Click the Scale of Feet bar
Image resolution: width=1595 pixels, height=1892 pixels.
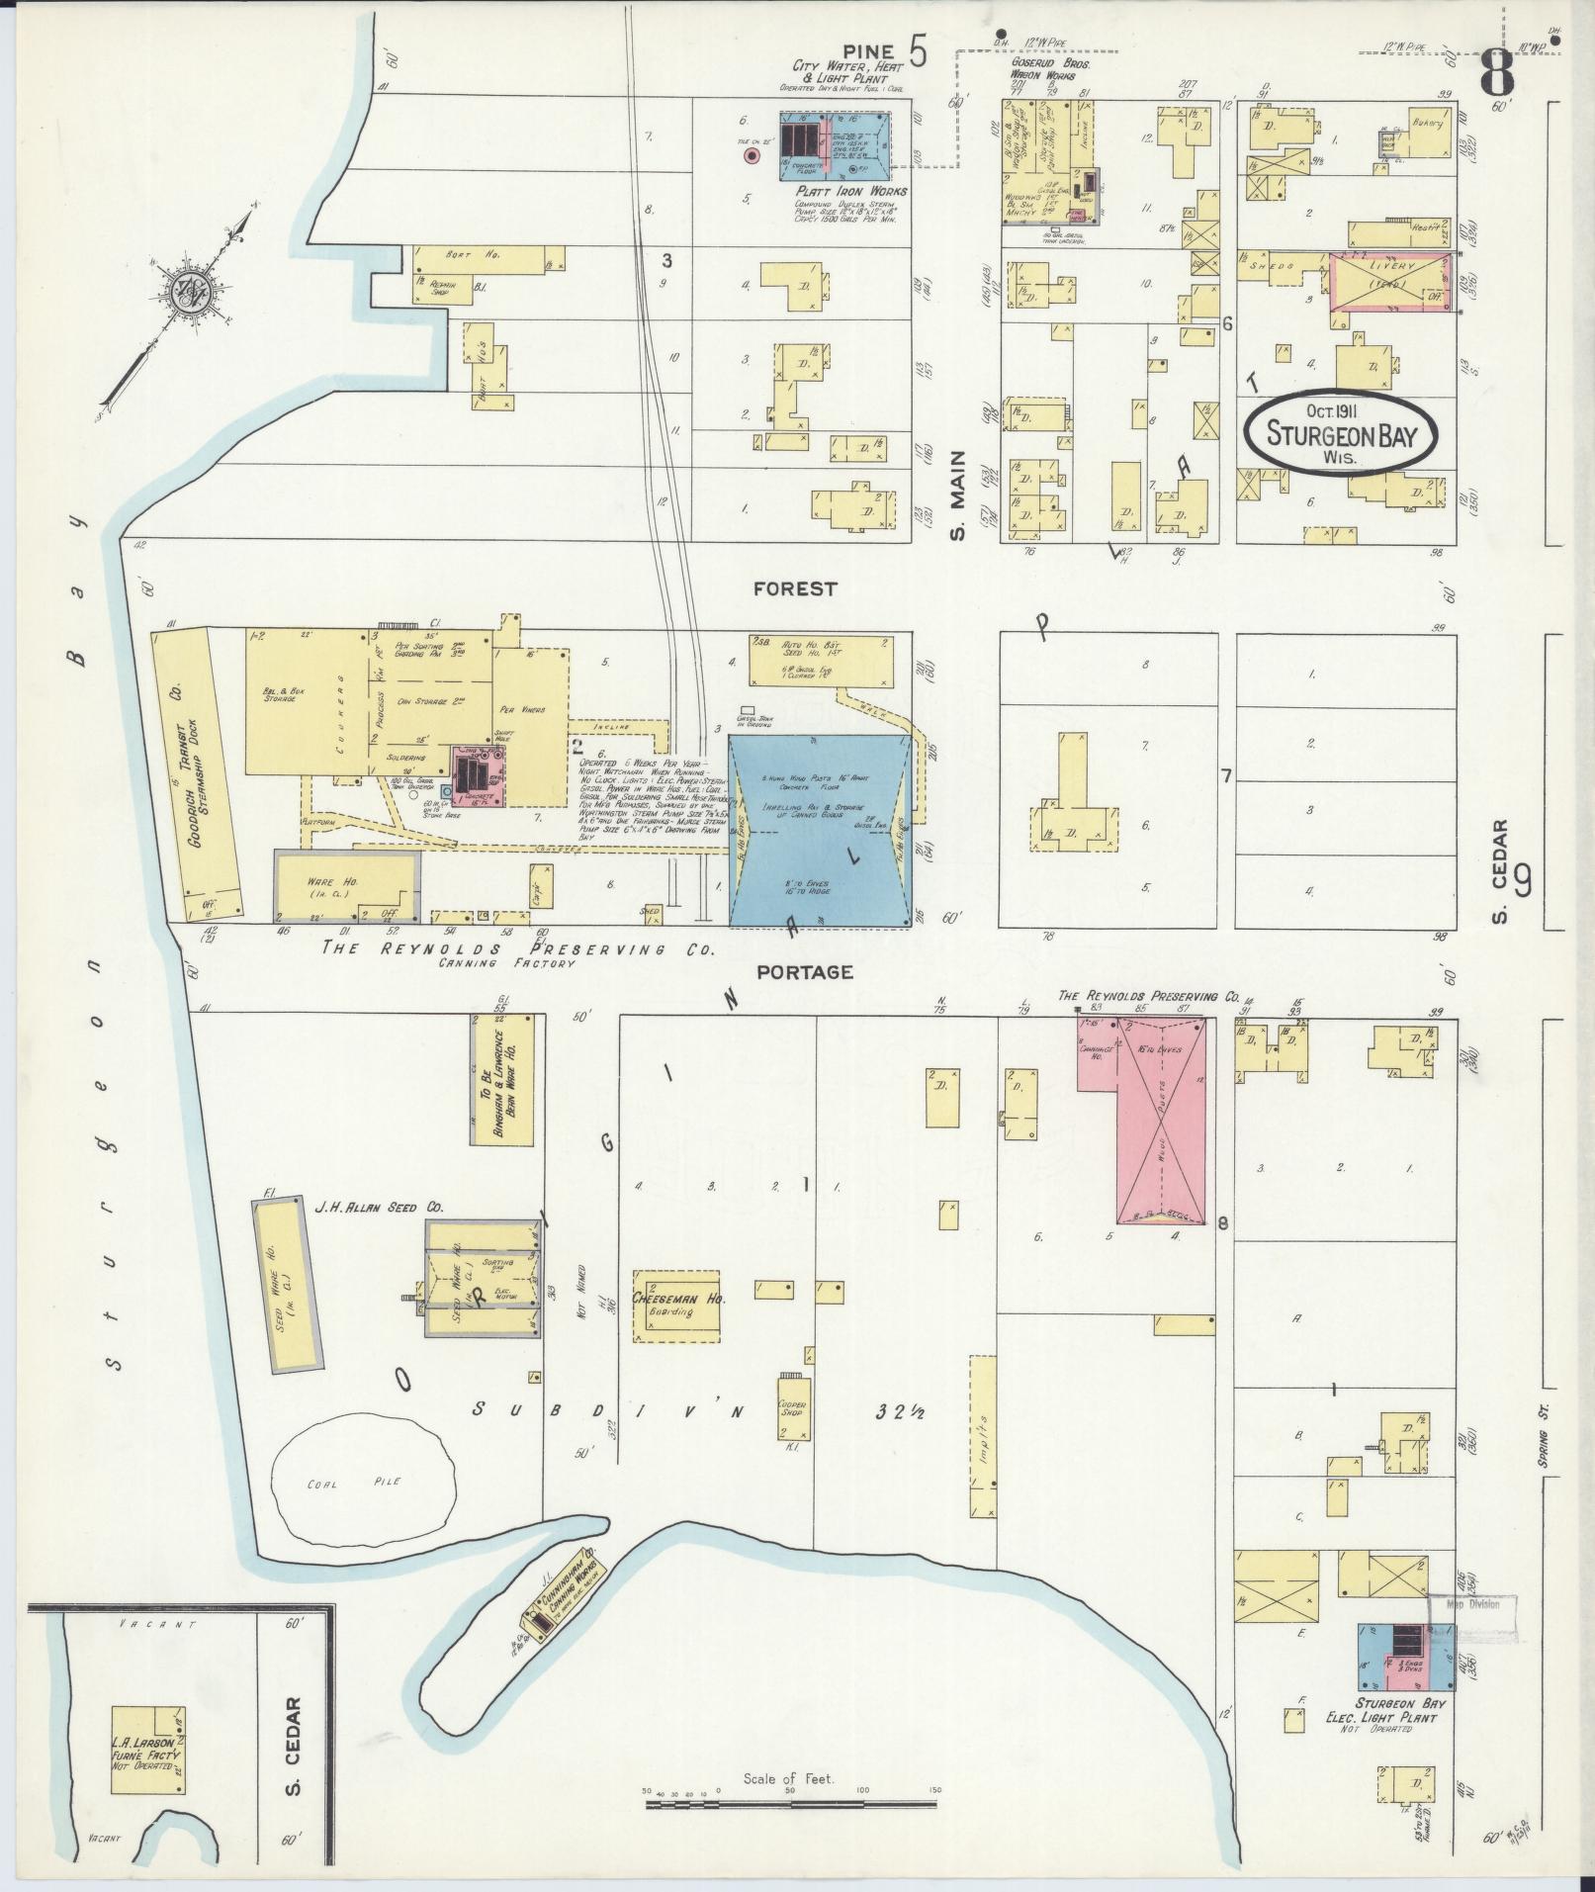pyautogui.click(x=791, y=1805)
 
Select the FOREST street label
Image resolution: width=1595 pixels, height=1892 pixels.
pyautogui.click(x=794, y=589)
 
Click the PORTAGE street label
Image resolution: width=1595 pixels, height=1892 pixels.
pyautogui.click(x=804, y=972)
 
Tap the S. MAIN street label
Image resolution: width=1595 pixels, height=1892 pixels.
pyautogui.click(x=957, y=503)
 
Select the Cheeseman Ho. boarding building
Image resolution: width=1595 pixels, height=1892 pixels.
pyautogui.click(x=676, y=1305)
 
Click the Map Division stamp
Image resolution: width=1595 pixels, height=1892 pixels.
pyautogui.click(x=1473, y=1604)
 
